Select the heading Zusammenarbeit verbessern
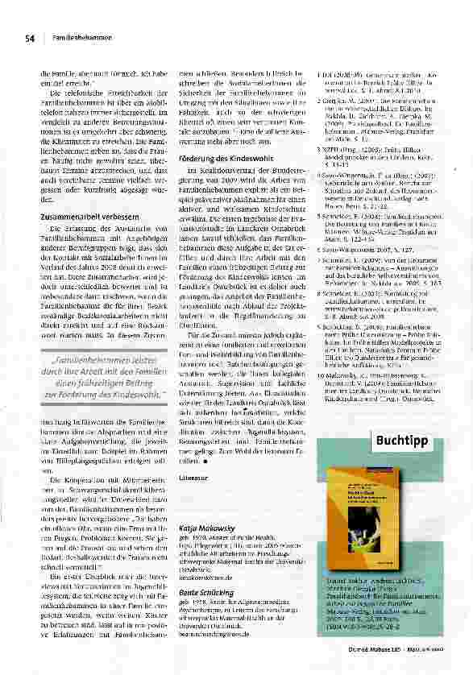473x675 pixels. pos(81,217)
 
